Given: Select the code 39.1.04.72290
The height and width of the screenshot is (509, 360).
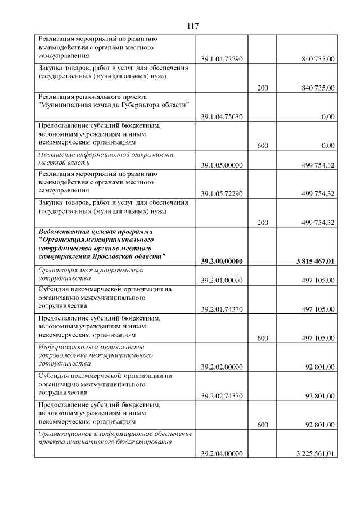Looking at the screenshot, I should [x=222, y=58].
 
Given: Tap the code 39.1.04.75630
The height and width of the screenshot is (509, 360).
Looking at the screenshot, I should [x=222, y=116].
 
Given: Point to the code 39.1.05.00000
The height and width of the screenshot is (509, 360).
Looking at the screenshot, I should [x=222, y=165].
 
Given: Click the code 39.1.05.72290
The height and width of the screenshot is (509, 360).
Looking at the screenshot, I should [x=222, y=194].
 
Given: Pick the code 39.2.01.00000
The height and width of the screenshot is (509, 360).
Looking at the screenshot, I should [x=222, y=280].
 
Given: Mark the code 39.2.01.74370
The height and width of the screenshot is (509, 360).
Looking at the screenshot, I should [x=222, y=309].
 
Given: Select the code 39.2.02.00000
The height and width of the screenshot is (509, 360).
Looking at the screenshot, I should [x=222, y=367].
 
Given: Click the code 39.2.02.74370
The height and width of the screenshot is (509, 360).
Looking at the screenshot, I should [x=222, y=396].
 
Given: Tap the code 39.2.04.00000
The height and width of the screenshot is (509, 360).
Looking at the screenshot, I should [x=222, y=454].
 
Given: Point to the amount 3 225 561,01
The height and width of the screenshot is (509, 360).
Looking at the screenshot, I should [x=315, y=454].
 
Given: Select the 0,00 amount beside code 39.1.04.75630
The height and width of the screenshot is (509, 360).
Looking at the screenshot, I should [x=328, y=116].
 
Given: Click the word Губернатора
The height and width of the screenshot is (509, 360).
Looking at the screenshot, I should [x=144, y=105].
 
